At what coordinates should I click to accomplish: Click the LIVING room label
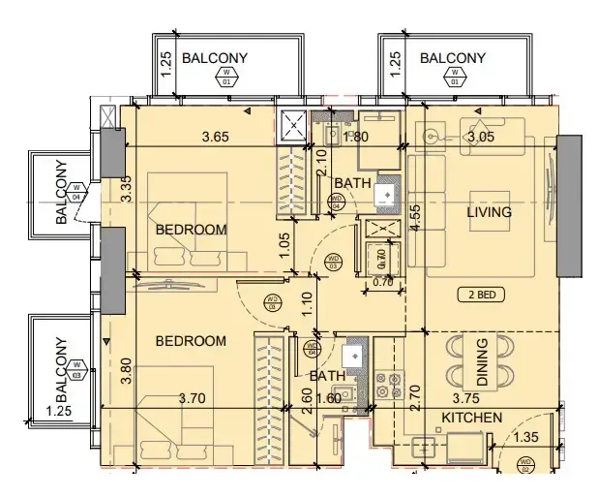click(489, 212)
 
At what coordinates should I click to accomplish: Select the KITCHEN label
click(472, 418)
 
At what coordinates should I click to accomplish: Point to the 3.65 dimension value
click(215, 137)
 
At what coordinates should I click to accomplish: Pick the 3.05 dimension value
click(480, 137)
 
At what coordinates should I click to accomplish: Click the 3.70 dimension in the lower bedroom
click(194, 397)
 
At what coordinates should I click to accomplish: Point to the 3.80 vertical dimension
click(125, 373)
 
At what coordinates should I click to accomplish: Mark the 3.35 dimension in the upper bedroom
click(125, 188)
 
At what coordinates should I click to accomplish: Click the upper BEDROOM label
click(191, 230)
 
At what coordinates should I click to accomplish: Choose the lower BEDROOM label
click(191, 341)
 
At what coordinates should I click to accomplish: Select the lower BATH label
click(326, 376)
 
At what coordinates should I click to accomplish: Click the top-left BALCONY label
click(214, 58)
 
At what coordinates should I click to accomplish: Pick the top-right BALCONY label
click(453, 58)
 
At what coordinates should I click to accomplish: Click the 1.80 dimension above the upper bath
click(357, 137)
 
